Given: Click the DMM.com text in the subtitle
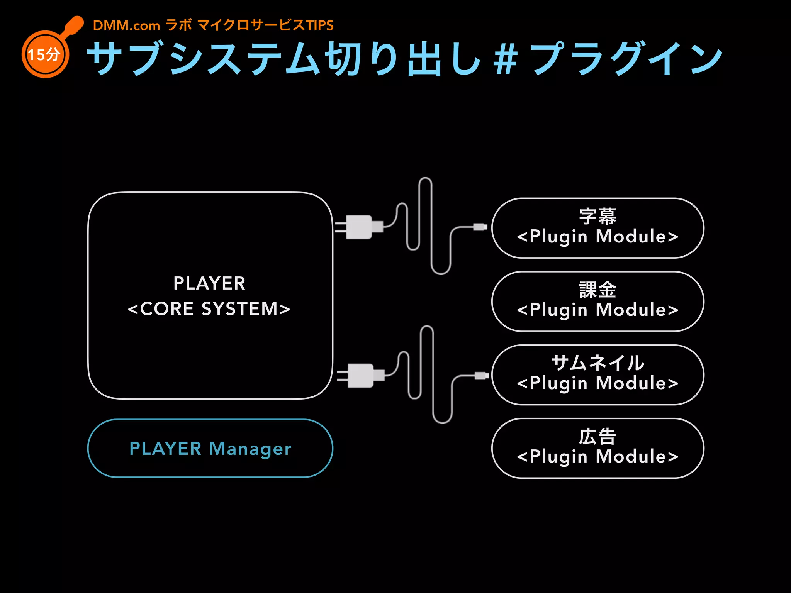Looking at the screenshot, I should (x=126, y=25).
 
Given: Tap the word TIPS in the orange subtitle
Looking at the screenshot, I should (x=319, y=25).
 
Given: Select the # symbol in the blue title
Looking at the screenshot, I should (x=505, y=59).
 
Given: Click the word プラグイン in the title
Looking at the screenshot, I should (x=626, y=59).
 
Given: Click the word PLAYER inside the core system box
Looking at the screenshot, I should (x=209, y=283).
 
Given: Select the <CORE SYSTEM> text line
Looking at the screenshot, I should (x=209, y=309).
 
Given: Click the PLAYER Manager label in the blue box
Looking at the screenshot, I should (x=210, y=449).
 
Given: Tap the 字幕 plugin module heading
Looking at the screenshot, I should (x=597, y=216).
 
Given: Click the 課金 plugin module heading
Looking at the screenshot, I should (x=597, y=290).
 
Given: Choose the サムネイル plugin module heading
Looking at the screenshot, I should (x=597, y=363).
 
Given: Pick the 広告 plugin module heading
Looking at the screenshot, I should (x=597, y=437).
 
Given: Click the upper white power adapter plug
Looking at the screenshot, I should (x=359, y=227).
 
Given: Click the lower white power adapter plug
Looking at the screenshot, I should (x=361, y=375).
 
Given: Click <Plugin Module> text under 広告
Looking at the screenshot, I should (x=597, y=457).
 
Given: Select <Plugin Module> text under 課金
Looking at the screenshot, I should (x=597, y=310).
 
